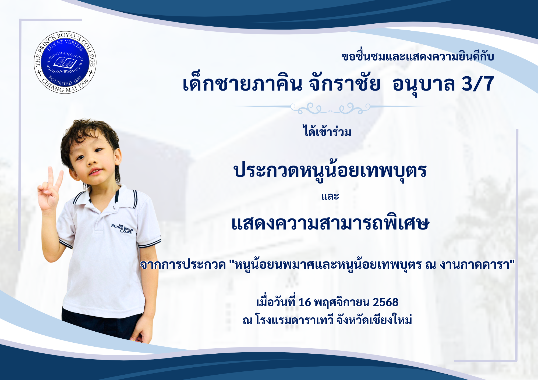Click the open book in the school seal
click(x=65, y=63)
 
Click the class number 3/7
click(x=478, y=84)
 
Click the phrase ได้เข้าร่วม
click(x=327, y=131)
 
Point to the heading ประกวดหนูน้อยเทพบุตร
click(x=330, y=171)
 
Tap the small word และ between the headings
click(x=330, y=196)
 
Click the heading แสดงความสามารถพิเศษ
click(x=330, y=223)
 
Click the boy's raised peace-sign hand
click(x=50, y=189)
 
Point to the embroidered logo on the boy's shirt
click(x=122, y=228)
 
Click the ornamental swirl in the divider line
click(x=330, y=108)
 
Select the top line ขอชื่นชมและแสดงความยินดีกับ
click(x=418, y=56)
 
